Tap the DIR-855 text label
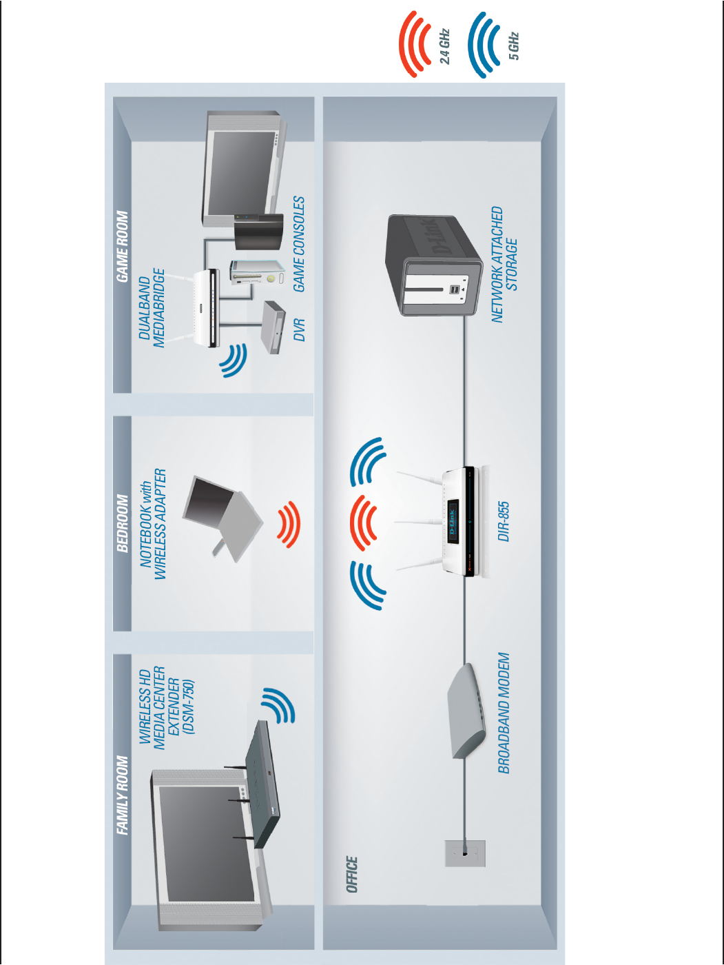point(504,521)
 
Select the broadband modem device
point(466,711)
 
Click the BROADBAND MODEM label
point(504,713)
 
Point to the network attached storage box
point(433,265)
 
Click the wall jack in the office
point(465,853)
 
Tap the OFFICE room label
point(352,874)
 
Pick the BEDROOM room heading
point(123,523)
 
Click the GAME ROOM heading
point(123,246)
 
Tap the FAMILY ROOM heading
point(123,795)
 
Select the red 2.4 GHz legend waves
point(415,43)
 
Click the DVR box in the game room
point(273,327)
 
